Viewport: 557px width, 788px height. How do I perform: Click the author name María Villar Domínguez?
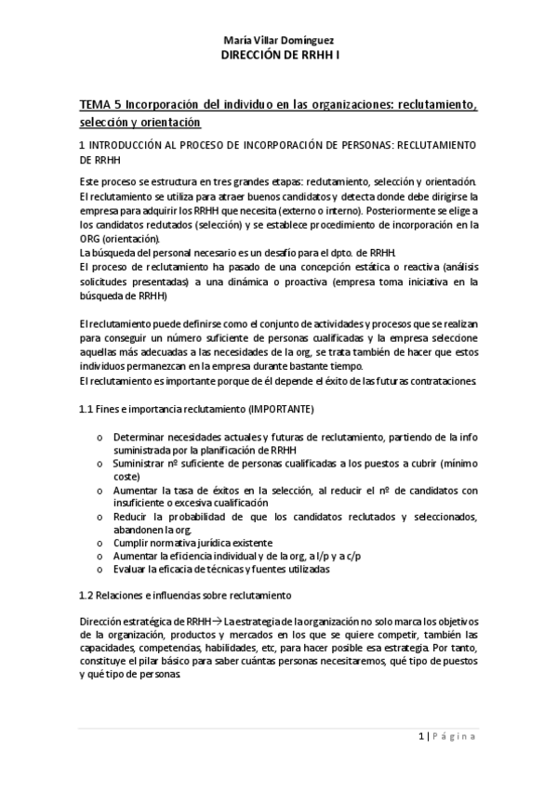click(278, 42)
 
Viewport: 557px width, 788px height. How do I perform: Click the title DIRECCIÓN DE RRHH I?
click(278, 56)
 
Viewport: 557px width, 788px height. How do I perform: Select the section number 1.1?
click(86, 410)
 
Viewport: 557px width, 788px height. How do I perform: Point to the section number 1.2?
click(86, 594)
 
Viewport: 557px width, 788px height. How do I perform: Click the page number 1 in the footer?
click(421, 736)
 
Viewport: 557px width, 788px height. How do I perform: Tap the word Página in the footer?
click(455, 736)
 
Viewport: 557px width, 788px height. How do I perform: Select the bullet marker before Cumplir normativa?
click(99, 543)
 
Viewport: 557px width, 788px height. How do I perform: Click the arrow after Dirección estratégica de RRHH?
click(216, 621)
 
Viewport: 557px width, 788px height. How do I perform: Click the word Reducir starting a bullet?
click(131, 517)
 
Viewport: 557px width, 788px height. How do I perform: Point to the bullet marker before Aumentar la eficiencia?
click(99, 556)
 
